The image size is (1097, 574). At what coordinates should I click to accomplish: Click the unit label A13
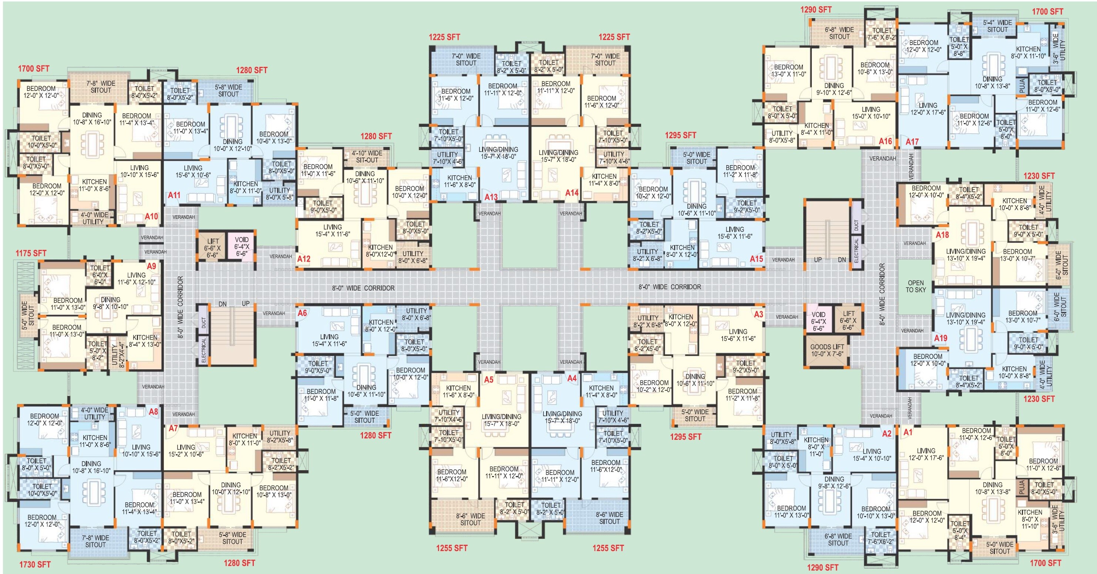point(491,197)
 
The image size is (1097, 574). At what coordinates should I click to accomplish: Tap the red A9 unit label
point(151,266)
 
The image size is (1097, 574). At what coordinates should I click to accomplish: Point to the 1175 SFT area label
point(31,253)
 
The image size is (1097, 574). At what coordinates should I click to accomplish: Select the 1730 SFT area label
point(35,564)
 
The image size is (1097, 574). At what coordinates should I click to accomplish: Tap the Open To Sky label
point(916,286)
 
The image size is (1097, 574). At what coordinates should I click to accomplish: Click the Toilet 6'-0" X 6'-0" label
point(100,275)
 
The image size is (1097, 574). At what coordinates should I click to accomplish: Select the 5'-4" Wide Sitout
point(997,26)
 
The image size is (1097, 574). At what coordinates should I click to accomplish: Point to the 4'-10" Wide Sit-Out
point(367,157)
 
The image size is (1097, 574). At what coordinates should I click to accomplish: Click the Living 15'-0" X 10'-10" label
point(871,113)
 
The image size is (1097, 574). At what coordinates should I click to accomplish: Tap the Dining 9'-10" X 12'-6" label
point(834,89)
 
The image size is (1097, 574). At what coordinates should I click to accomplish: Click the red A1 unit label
point(908,432)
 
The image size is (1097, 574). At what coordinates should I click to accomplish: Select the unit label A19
point(941,338)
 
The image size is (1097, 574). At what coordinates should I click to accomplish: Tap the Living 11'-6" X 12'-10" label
point(136,278)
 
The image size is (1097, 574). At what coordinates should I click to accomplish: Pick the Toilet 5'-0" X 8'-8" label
point(959,46)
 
